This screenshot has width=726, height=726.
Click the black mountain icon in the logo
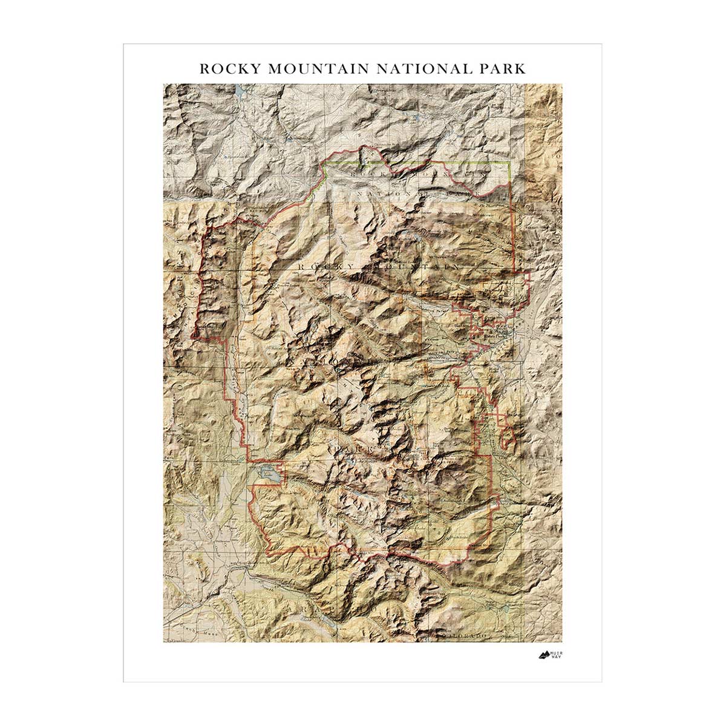tap(543, 655)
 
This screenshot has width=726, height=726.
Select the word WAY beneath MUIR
tap(557, 658)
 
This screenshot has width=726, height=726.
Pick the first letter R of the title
tap(204, 68)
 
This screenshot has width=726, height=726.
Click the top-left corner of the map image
tap(163, 84)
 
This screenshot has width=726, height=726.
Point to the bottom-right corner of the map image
tap(561, 642)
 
